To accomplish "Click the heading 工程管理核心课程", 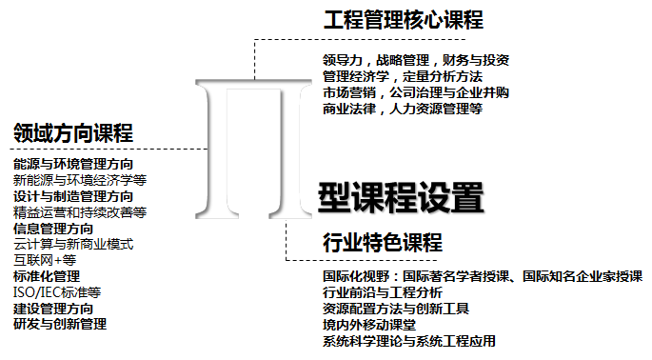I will click(403, 20).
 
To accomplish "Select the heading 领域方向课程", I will click(73, 132).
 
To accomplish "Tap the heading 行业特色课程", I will click(382, 243).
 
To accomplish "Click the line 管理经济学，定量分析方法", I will click(403, 76).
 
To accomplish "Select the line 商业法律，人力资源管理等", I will click(403, 109).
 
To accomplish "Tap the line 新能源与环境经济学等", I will click(80, 180).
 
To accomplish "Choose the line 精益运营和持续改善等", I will click(80, 212).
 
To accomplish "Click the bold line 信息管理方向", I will click(53, 229).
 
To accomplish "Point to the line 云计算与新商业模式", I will click(73, 244).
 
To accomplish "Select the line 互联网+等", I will click(45, 260).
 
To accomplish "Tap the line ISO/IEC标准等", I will click(57, 291).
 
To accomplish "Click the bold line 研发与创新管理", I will click(60, 324).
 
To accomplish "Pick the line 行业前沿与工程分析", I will click(383, 292).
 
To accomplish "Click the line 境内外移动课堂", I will click(369, 325).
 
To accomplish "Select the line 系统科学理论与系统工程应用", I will click(409, 341).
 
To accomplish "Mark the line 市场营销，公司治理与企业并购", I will click(416, 92).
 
